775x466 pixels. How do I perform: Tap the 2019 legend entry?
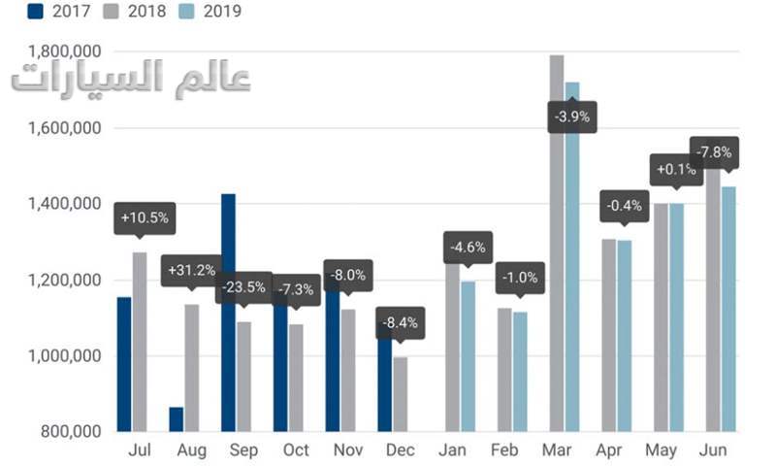tap(210, 13)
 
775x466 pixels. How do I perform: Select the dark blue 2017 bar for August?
tap(177, 419)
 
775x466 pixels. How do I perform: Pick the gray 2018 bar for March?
tap(557, 243)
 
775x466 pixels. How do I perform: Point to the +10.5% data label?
tap(144, 217)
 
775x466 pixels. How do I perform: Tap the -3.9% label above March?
tap(571, 117)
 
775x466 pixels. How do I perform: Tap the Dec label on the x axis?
tap(400, 450)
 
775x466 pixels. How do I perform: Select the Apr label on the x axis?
tap(609, 450)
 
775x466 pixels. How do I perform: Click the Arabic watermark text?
tap(130, 80)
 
